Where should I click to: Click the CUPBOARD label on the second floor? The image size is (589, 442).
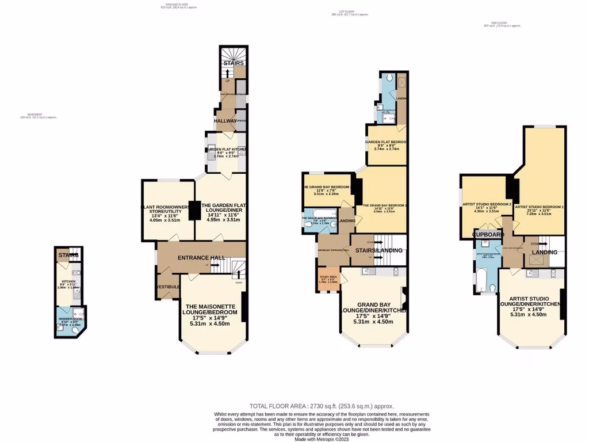click(488, 234)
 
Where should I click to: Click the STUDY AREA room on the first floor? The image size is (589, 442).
click(328, 280)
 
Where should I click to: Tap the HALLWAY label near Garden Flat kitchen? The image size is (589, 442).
click(225, 121)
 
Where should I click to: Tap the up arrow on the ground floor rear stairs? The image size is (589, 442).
click(228, 74)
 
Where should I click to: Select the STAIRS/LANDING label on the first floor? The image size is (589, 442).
click(378, 250)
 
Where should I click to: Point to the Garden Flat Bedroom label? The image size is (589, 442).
click(387, 141)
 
